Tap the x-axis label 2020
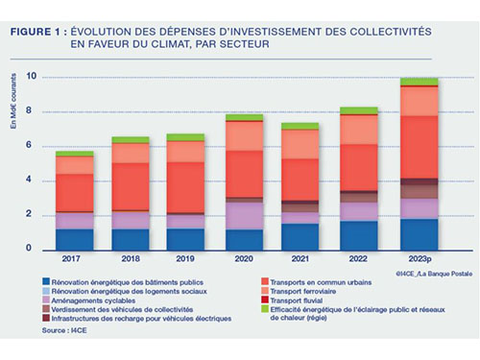click(x=243, y=259)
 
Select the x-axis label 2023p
click(x=419, y=259)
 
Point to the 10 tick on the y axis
click(x=32, y=77)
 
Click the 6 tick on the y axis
click(x=33, y=146)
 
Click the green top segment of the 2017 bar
click(x=74, y=154)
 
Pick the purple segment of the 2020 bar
click(x=243, y=215)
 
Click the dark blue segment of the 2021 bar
click(x=300, y=236)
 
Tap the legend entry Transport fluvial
click(x=311, y=301)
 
